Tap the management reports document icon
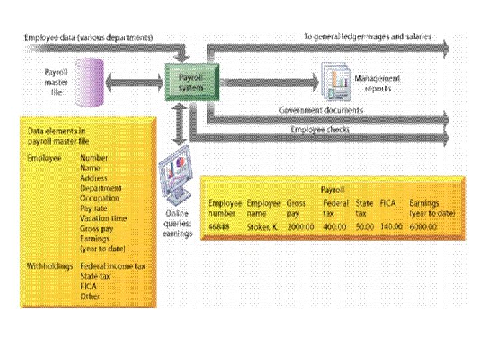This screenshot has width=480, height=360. pos(336,82)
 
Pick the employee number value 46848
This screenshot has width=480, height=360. pos(219,227)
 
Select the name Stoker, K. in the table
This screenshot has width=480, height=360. pos(262,227)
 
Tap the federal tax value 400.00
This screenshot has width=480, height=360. pos(335,227)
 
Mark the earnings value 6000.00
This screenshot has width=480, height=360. pos(423,227)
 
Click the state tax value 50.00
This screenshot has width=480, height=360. pos(365,227)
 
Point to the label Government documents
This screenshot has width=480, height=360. pos(321,110)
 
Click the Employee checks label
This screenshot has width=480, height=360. pos(320,129)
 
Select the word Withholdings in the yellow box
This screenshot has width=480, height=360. pos(49,266)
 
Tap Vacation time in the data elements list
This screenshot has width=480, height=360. pos(103,219)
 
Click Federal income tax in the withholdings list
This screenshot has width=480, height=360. pos(113,266)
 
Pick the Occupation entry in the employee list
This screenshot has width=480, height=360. pos(100,198)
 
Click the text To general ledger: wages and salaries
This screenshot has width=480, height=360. pos(367,37)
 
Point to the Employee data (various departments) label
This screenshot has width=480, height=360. pos(89,37)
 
